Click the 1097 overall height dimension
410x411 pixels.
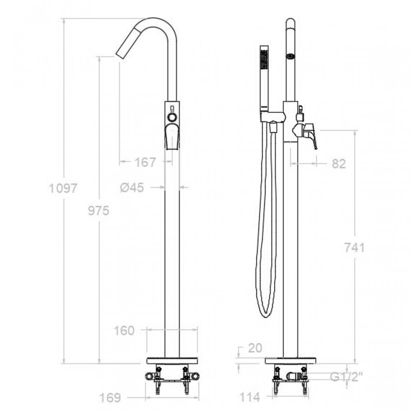tap(63, 188)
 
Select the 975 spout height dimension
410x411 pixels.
tap(98, 210)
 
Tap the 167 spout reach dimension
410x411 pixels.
tap(145, 162)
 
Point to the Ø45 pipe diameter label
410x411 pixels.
tap(132, 187)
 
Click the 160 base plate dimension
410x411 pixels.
tap(124, 331)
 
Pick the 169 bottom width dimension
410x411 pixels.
tap(110, 398)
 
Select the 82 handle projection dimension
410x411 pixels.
tap(339, 164)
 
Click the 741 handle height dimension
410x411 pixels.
tap(354, 247)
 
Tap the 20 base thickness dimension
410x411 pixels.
tap(255, 348)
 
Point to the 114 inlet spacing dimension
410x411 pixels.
tap(250, 397)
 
